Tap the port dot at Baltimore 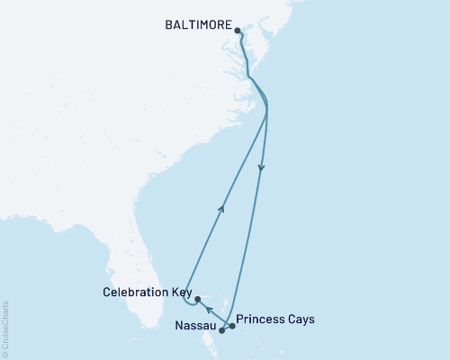[x=237, y=31]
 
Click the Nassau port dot [x=221, y=330]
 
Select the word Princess [x=260, y=319]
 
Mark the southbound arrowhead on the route [x=262, y=166]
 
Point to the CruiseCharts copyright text [x=6, y=328]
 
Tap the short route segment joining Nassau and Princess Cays [x=227, y=328]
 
